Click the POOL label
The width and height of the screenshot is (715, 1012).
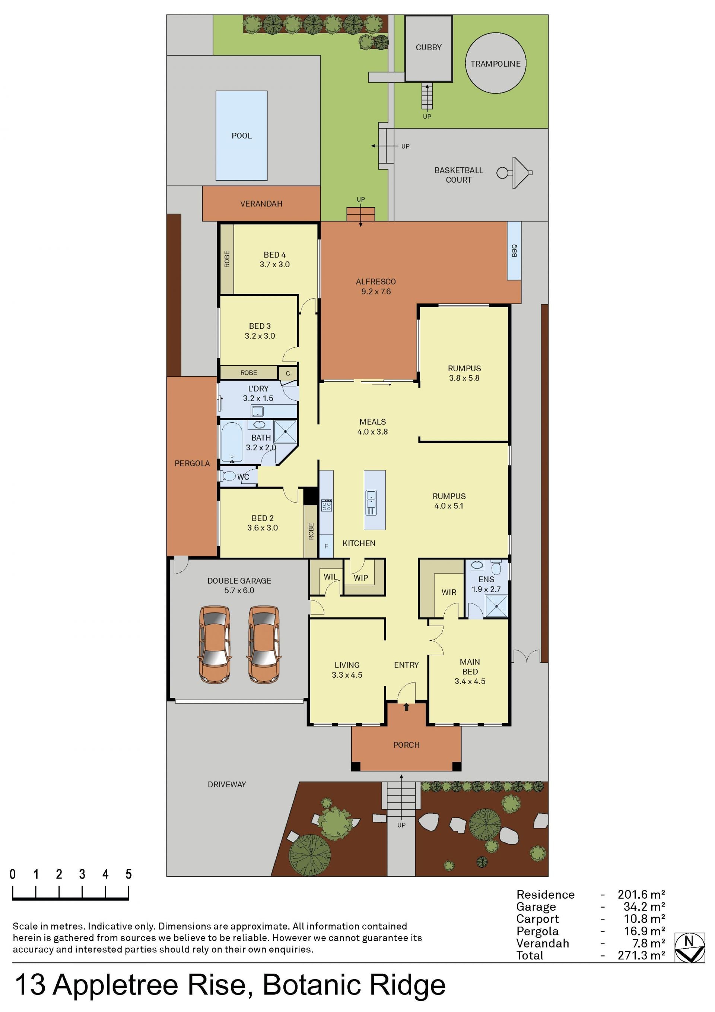coord(242,136)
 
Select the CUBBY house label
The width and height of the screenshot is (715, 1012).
coord(428,47)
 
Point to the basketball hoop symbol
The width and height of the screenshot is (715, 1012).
coord(515,173)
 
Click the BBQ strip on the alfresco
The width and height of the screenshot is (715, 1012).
coord(514,250)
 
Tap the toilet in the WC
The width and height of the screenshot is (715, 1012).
coord(228,476)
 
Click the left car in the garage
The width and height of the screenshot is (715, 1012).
coord(215,644)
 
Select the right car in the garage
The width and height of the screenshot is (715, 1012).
coord(264,644)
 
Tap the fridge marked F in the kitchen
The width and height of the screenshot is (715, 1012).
coord(326,546)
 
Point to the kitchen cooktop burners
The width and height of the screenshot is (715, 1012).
coord(327,505)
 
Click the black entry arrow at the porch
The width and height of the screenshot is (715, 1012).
coord(406,707)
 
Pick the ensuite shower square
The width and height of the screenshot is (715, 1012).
coord(496,606)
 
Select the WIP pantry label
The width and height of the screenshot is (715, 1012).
coord(360,578)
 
